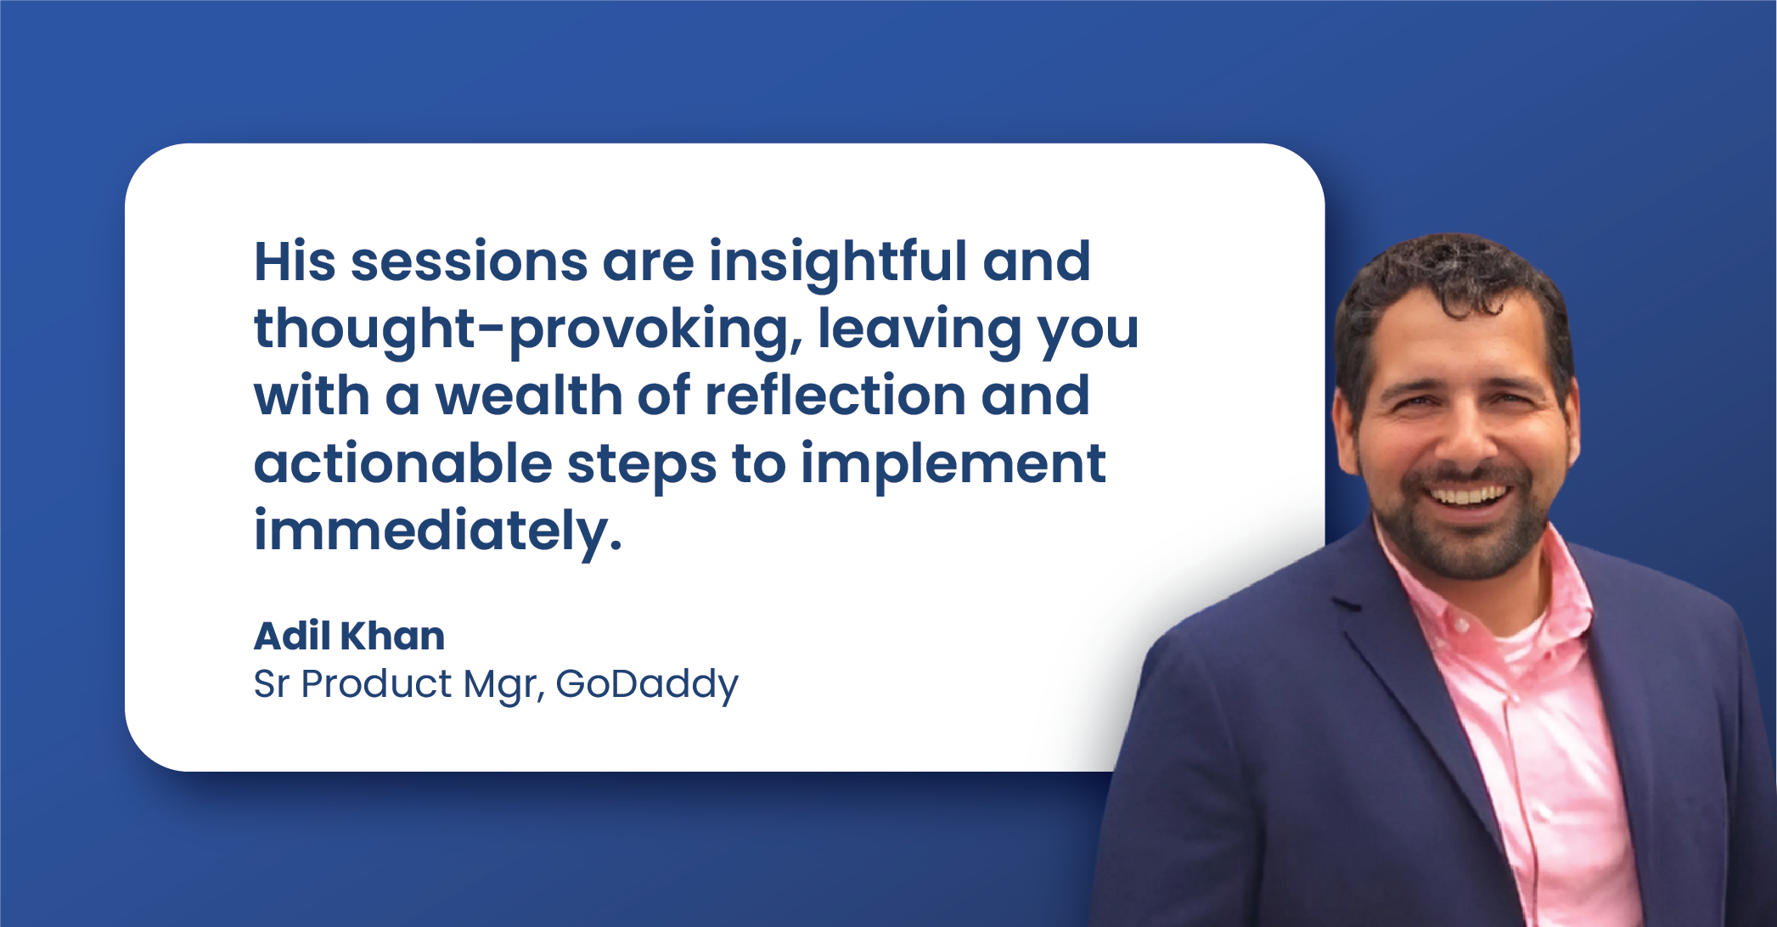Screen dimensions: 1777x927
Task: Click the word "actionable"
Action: coord(403,463)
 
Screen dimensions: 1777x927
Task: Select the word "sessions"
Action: coord(470,262)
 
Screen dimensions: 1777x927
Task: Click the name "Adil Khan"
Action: coord(349,636)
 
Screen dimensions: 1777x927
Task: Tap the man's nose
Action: coord(1466,437)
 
